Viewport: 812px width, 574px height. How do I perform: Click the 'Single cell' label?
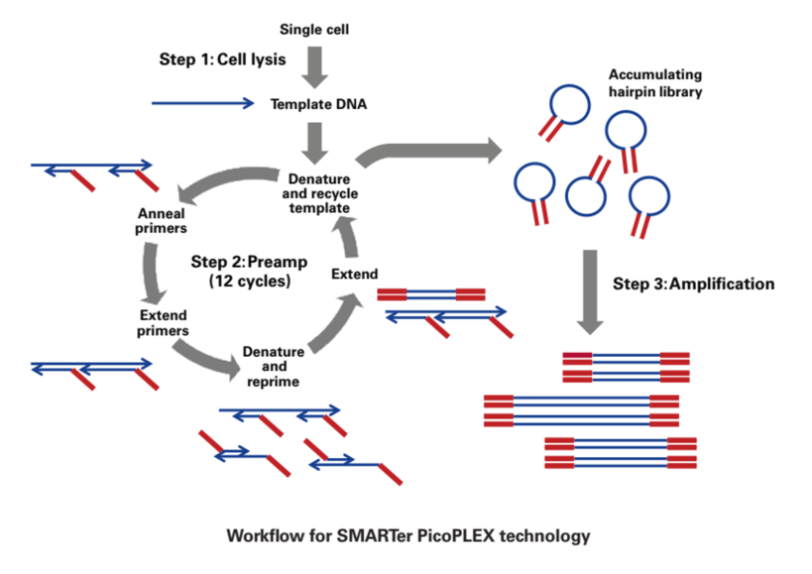tap(315, 29)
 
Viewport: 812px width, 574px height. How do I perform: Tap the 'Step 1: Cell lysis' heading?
tap(222, 59)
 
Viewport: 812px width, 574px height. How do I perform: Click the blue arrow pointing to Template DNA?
tap(203, 102)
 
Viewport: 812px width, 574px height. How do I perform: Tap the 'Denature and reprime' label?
tap(274, 366)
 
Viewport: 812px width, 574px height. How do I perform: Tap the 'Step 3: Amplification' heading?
tap(693, 284)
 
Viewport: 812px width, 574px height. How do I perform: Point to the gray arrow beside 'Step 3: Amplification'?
tap(591, 292)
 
